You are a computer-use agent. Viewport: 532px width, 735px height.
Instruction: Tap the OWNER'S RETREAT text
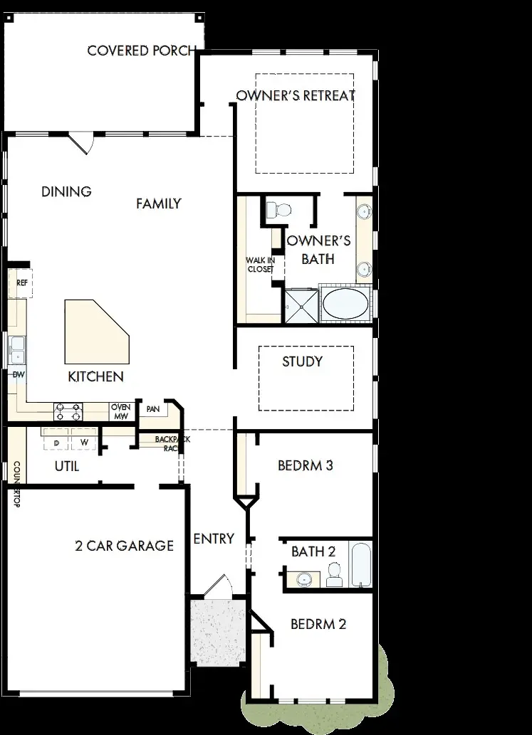click(x=295, y=95)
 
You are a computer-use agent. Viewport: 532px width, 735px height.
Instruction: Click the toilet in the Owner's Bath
click(x=278, y=209)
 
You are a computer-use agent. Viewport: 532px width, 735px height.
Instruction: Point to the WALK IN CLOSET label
click(x=260, y=265)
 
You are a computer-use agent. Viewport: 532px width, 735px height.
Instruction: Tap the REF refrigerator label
click(x=21, y=282)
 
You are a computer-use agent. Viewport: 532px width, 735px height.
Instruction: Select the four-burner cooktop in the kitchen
click(x=68, y=411)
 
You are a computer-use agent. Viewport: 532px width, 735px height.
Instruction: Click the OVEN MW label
click(x=119, y=411)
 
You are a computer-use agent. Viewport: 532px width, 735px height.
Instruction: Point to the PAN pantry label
click(x=152, y=409)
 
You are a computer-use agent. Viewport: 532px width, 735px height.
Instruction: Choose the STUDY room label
click(x=302, y=361)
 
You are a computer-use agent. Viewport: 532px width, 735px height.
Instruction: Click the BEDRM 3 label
click(x=306, y=466)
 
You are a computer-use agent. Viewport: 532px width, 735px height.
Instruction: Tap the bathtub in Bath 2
click(x=361, y=565)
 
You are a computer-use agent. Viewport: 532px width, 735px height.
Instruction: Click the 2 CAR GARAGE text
click(x=124, y=546)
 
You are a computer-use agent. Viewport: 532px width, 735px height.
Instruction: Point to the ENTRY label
click(x=214, y=539)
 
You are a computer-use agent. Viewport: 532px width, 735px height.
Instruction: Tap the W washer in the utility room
click(x=84, y=443)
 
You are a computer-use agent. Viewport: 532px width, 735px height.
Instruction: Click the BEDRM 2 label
click(x=318, y=624)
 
